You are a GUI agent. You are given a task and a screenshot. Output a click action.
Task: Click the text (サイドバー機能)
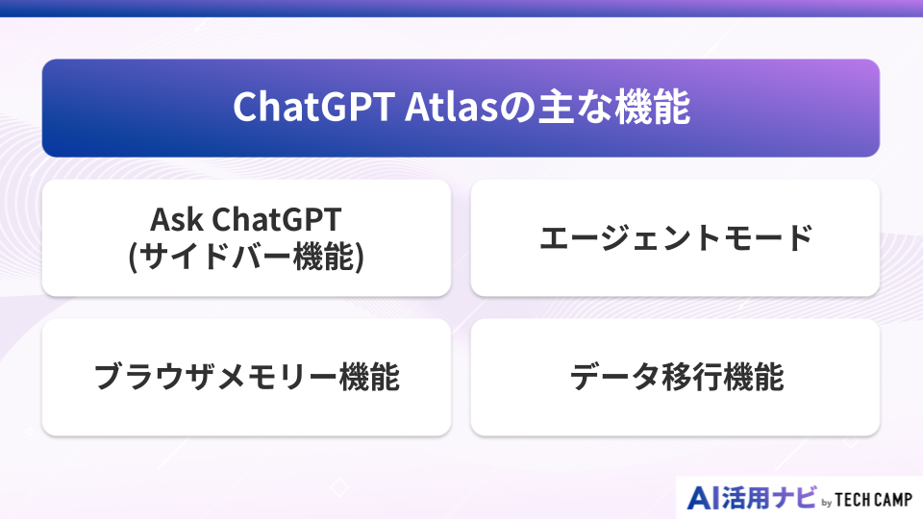pos(246,257)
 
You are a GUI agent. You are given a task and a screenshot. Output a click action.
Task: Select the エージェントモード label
pos(675,237)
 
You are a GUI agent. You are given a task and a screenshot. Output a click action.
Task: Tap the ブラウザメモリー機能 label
pos(246,377)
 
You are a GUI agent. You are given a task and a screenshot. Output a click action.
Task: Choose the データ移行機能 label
pos(675,377)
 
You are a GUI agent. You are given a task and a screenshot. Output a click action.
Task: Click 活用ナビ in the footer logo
pos(770,498)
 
